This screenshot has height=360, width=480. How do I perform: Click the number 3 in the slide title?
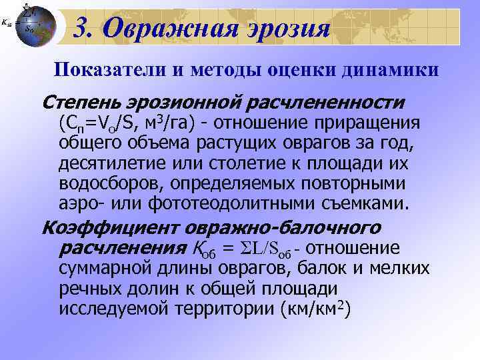click(x=81, y=27)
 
